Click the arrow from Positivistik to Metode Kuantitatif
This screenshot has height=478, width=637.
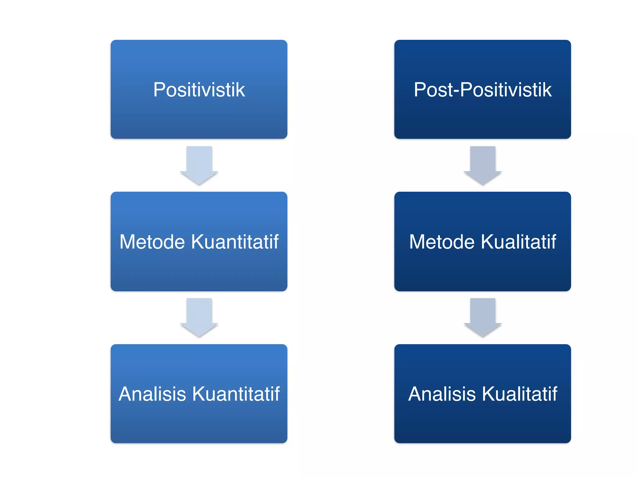tap(199, 165)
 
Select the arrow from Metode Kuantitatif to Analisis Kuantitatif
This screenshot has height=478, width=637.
tap(199, 317)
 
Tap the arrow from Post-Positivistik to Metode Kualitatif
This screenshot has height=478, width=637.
tap(483, 165)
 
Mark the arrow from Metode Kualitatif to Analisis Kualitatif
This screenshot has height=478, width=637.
tap(483, 317)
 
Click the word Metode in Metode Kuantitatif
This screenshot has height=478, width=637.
tap(152, 242)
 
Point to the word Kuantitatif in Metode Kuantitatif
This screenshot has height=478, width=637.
tap(235, 242)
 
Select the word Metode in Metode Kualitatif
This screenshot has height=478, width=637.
tap(442, 242)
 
